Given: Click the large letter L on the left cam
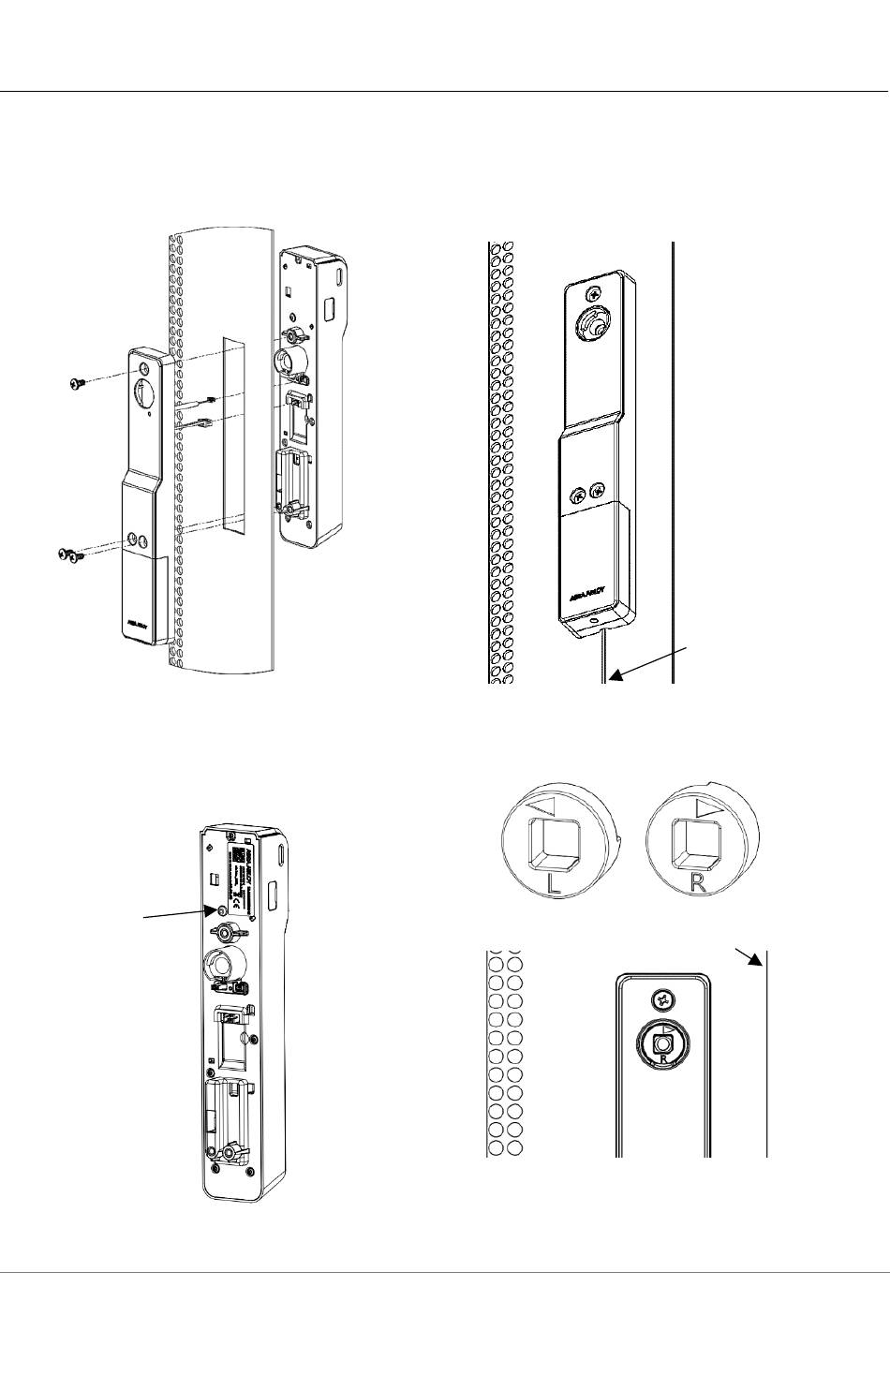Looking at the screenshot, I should point(556,884).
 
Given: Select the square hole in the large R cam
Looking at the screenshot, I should point(698,842).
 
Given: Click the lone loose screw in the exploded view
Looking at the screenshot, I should point(78,382).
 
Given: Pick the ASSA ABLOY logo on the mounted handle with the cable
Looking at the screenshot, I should point(586,592).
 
